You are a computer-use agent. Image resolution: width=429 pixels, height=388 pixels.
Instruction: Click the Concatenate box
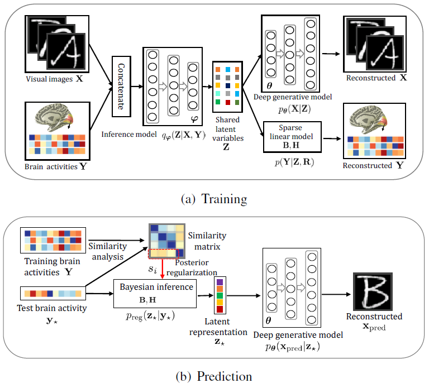click(x=125, y=86)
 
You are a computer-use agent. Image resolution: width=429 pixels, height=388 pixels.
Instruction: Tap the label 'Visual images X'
click(x=53, y=79)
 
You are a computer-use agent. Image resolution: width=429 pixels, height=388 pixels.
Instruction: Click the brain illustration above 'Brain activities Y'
click(x=55, y=120)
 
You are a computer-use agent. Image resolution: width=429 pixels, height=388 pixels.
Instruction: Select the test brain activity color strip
click(x=53, y=292)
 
